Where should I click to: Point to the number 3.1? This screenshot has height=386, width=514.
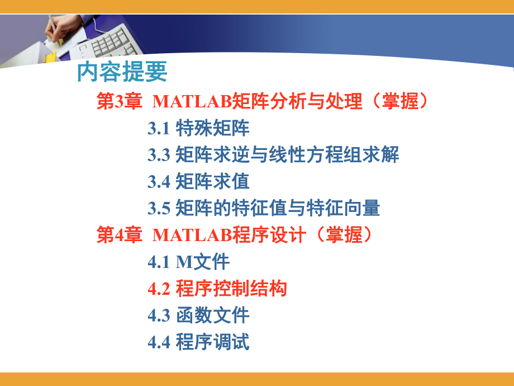tap(159, 129)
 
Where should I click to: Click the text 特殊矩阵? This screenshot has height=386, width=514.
tap(212, 129)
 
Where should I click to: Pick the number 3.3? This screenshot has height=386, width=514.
tap(159, 155)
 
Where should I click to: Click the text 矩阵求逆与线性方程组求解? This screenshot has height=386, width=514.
tap(287, 155)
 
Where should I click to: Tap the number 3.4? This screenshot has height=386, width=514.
tap(159, 182)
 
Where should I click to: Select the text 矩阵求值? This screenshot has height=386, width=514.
tap(212, 182)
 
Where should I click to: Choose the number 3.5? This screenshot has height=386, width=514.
tap(159, 209)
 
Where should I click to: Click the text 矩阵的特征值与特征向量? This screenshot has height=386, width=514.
tap(278, 209)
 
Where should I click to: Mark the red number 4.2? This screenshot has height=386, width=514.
tap(159, 289)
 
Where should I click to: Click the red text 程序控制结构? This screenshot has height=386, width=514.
tap(231, 289)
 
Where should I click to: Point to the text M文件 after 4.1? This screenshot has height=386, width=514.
tap(203, 262)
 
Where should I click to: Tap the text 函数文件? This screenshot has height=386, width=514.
tap(212, 316)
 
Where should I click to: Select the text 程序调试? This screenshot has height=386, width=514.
tap(212, 342)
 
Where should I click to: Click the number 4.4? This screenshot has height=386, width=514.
tap(159, 342)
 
